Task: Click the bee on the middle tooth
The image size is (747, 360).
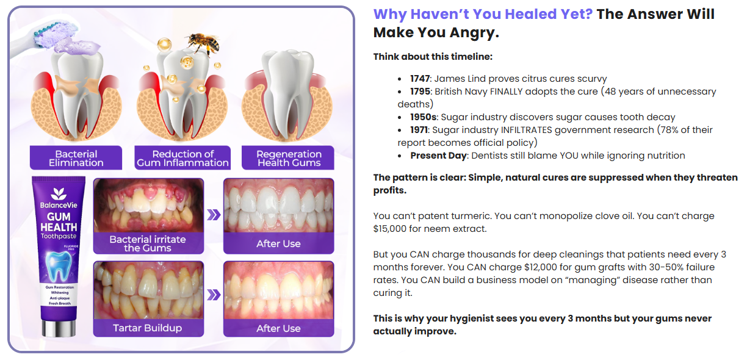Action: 203,43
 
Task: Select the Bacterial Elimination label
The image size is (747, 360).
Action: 76,158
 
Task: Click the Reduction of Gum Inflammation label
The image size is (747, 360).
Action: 182,158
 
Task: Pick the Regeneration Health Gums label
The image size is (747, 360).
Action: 288,158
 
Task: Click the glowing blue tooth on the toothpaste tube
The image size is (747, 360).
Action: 59,266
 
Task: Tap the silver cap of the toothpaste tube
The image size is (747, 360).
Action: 59,328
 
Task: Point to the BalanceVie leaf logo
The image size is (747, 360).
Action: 59,193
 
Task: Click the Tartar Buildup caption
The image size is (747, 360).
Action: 148,328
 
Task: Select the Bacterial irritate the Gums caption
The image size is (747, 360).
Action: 148,243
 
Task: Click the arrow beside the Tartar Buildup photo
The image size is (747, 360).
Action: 214,295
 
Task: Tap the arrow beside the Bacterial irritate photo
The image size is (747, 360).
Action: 214,215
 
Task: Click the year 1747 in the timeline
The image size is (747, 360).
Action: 420,79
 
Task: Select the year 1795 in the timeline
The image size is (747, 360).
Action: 420,92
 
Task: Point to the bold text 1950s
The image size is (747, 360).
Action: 423,117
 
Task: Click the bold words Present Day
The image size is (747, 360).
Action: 438,156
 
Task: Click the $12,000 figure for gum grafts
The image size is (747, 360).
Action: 541,267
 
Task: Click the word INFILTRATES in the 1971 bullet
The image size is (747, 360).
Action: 526,130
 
